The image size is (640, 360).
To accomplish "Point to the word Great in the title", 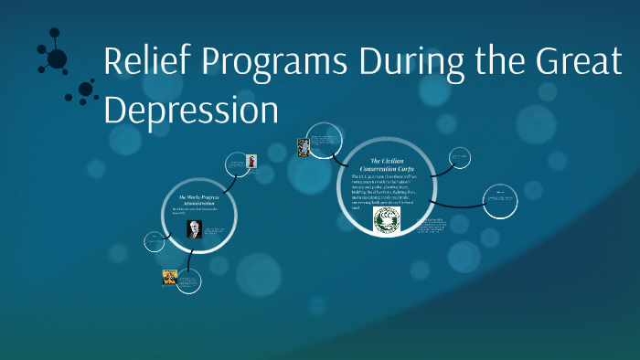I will point(573,63).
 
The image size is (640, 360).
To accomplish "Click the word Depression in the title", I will point(190,109).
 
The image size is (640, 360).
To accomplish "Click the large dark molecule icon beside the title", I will point(56,58).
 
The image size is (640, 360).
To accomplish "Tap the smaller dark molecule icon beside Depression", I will point(85,90).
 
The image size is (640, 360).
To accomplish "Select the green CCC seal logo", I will point(388,220).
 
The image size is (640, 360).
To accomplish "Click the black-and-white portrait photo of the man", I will point(194,228).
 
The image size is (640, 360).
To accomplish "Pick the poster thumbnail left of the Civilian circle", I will point(304,146).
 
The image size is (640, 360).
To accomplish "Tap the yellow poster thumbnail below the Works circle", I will point(169,277).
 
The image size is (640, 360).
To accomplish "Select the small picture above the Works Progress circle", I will point(251,161).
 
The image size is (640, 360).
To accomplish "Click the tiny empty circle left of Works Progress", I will point(154,242).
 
